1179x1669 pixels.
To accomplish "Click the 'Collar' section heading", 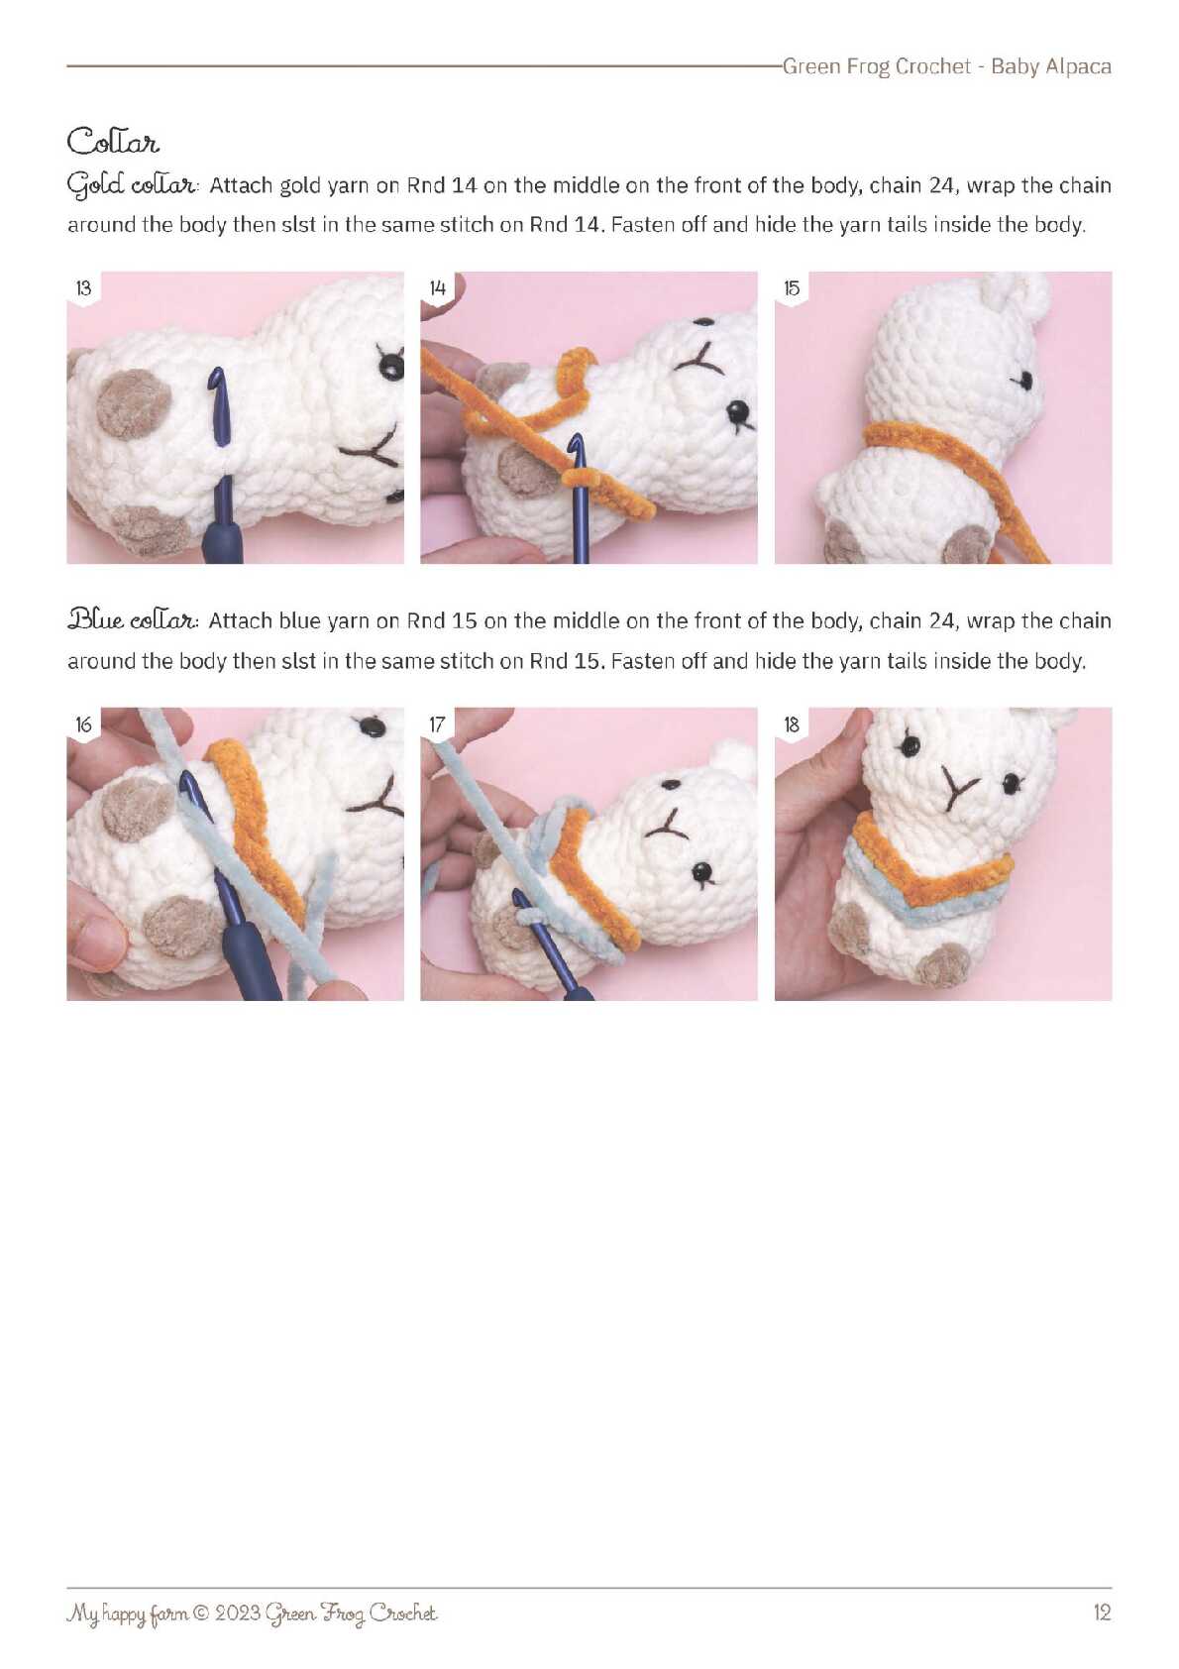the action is pos(113,141).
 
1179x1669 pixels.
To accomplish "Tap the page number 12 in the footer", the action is pos(1102,1613).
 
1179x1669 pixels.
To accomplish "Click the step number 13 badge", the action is pos(83,287).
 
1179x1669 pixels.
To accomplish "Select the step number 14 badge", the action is pos(437,287).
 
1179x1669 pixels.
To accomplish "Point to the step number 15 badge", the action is pos(791,287).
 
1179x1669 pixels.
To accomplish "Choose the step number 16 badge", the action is pos(83,724).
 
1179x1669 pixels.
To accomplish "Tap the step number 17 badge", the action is pos(437,724).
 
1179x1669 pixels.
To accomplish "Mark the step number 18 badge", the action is pos(791,724).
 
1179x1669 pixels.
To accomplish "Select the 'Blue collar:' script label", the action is pos(133,620).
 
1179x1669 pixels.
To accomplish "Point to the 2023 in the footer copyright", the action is pos(238,1613).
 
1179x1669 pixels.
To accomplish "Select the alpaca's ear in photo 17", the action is pos(730,755).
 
